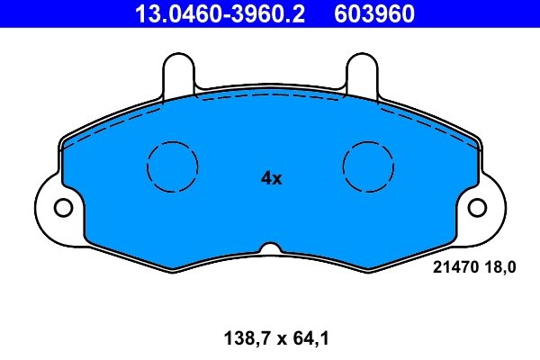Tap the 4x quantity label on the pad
click(271, 178)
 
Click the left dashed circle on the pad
click(172, 166)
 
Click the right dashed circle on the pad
click(370, 166)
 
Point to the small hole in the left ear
click(62, 208)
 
